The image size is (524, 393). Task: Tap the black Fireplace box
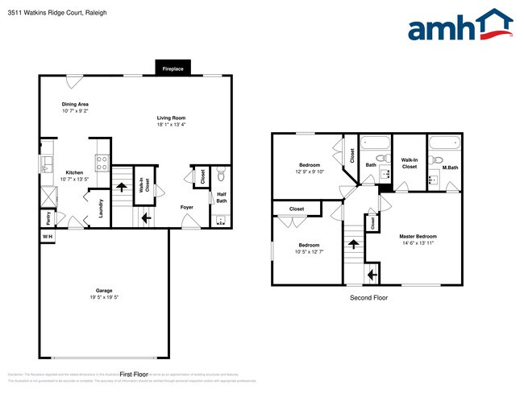173,69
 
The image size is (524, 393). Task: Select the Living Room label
171,118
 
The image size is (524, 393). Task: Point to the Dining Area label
75,104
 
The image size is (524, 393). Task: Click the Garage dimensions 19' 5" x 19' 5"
103,296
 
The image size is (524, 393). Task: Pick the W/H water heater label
48,236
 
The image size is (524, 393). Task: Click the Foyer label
186,207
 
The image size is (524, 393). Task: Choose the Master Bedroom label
418,236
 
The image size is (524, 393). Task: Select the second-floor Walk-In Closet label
409,163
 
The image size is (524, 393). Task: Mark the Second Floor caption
368,298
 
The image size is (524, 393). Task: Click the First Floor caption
134,374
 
